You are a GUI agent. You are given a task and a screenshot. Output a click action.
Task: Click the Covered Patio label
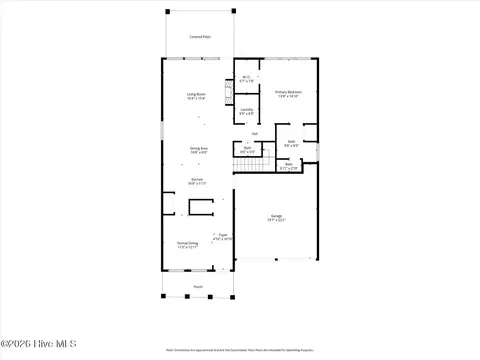point(199,37)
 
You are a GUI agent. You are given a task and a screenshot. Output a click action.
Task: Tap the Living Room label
point(196,96)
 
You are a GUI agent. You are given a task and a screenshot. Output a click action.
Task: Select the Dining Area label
point(199,150)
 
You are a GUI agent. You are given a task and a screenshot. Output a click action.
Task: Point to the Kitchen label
point(197,181)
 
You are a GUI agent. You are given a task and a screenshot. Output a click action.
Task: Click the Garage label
point(277,217)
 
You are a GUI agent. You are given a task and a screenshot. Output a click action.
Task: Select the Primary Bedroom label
point(289,93)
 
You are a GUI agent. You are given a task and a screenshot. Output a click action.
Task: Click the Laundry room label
point(246,111)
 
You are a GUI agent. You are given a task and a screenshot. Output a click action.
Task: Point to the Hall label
point(254,133)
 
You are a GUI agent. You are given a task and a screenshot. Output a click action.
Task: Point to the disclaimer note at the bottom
point(239,350)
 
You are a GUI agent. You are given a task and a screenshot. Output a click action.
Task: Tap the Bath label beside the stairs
point(247,149)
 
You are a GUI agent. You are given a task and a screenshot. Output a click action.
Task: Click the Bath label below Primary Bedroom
point(291,143)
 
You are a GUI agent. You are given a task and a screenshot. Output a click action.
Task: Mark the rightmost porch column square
point(231,296)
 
